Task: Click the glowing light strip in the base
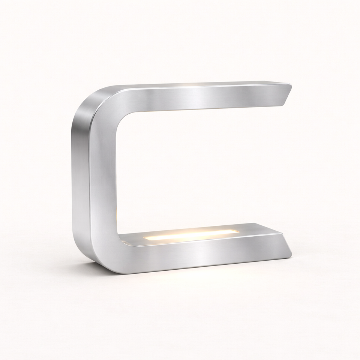[x=191, y=235]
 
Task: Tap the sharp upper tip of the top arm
[x=291, y=85]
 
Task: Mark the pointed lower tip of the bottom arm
[x=291, y=257]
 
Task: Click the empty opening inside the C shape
[x=202, y=169]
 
